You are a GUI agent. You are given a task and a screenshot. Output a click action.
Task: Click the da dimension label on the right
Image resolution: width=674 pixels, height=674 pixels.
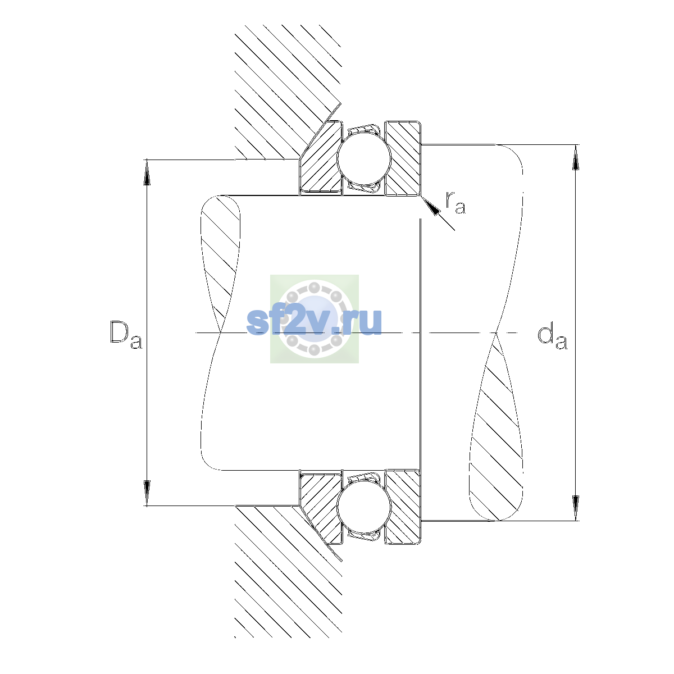click(x=552, y=338)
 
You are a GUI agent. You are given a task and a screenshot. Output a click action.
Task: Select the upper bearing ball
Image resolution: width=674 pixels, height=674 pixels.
click(x=364, y=158)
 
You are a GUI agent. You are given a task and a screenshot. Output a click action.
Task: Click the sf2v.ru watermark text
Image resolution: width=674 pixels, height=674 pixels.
click(x=314, y=321)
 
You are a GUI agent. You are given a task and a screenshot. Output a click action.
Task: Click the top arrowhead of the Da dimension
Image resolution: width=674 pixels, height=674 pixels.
click(x=147, y=172)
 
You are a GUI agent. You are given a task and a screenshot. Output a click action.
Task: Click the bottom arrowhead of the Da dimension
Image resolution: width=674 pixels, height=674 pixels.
click(x=147, y=493)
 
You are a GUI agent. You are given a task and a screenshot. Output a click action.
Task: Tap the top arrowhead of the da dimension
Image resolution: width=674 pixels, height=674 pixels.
click(x=575, y=157)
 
